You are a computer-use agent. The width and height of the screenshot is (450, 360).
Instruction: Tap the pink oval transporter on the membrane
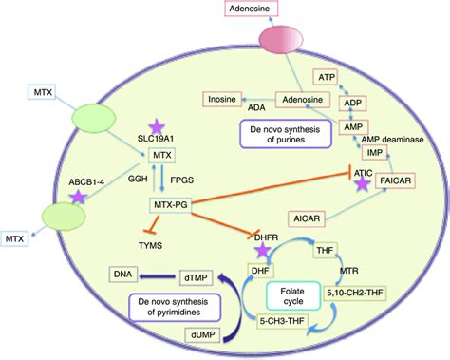[x=300, y=47]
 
